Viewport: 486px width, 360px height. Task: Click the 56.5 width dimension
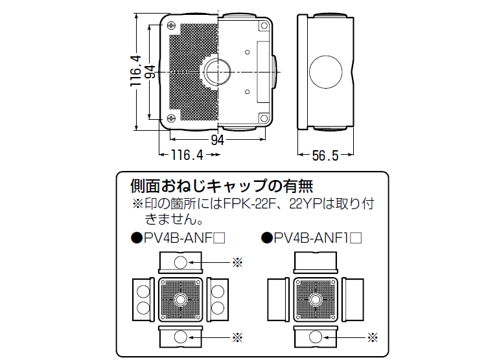pyautogui.click(x=325, y=155)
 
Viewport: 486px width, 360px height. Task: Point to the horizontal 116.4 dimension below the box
pyautogui.click(x=187, y=155)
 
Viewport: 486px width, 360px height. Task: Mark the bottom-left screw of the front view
pyautogui.click(x=171, y=118)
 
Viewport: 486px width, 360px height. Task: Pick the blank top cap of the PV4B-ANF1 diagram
pyautogui.click(x=316, y=262)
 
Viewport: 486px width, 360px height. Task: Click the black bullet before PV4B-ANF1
pyautogui.click(x=266, y=238)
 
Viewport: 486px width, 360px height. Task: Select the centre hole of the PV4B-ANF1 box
pyautogui.click(x=316, y=300)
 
